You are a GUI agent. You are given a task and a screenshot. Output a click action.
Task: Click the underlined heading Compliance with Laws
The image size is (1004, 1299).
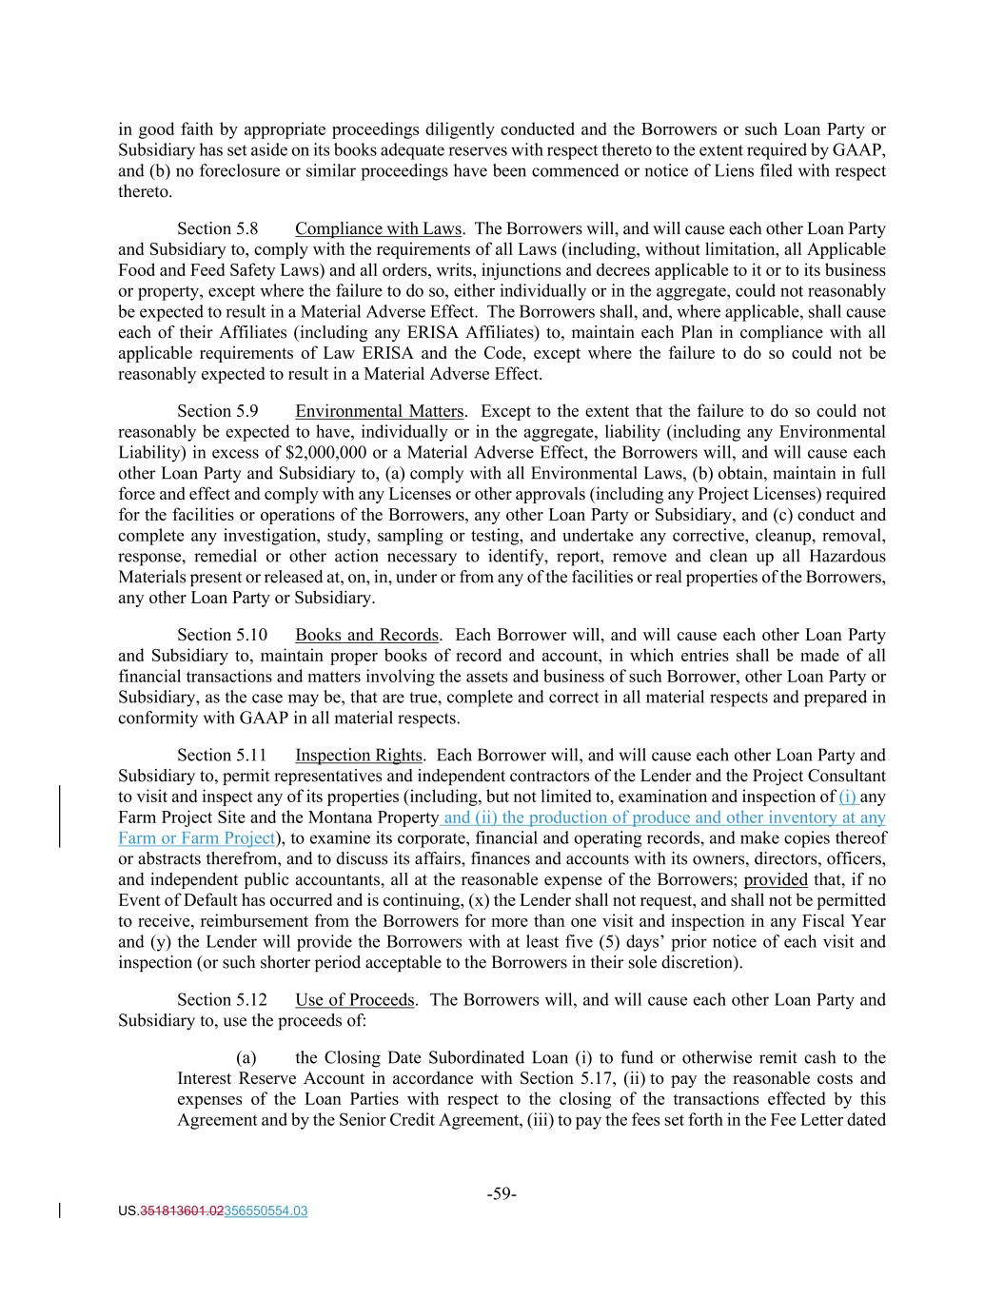click(378, 229)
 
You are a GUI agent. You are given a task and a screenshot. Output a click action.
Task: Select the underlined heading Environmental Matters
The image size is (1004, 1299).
click(379, 412)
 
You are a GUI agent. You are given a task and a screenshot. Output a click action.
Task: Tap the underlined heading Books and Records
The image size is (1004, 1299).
click(366, 636)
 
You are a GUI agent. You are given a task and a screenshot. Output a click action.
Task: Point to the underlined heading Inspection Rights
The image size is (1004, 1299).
click(358, 756)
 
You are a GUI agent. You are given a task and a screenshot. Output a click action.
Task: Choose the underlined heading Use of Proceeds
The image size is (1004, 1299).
click(355, 1000)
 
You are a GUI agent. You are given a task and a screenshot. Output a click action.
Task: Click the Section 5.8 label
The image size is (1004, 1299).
click(218, 229)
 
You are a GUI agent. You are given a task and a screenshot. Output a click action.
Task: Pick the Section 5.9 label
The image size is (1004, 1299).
click(218, 412)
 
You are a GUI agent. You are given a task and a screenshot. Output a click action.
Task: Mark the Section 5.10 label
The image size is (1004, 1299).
click(222, 636)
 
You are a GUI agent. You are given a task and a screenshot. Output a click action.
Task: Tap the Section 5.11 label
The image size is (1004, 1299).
click(222, 756)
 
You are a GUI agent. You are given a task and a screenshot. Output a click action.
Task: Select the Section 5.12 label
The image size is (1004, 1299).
click(222, 1000)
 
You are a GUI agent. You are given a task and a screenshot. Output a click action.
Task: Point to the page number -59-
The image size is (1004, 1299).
click(502, 1194)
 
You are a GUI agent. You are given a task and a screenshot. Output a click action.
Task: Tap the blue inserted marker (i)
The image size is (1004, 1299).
click(847, 797)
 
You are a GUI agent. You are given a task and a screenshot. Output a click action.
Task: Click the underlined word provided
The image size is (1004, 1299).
click(776, 880)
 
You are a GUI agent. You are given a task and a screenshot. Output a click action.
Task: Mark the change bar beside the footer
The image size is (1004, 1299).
click(62, 1211)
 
